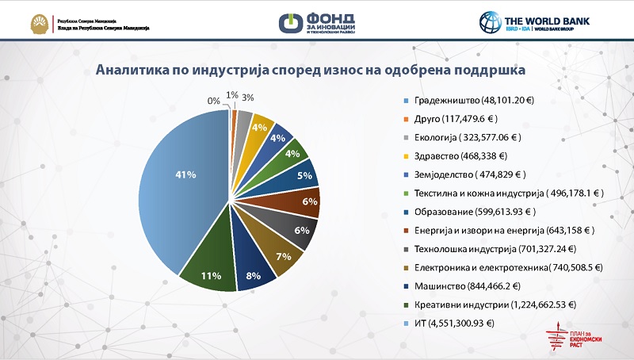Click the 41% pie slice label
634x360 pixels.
(188, 176)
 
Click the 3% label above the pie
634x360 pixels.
(248, 98)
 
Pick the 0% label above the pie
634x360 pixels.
(214, 101)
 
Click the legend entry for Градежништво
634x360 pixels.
(472, 101)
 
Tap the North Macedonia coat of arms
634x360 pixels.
(36, 22)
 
